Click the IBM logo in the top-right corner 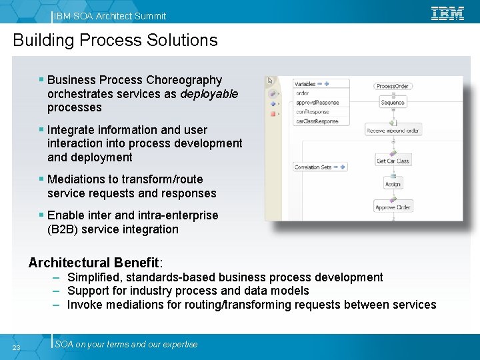click(447, 13)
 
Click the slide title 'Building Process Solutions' click(115, 41)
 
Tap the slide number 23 click(16, 347)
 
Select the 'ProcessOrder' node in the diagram click(393, 86)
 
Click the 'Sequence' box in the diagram click(393, 103)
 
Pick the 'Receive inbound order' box click(393, 131)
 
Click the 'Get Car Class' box click(393, 161)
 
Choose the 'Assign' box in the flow click(393, 184)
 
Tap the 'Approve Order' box click(393, 207)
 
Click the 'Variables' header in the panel click(305, 84)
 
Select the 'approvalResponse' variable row click(317, 103)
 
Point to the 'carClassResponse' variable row click(317, 121)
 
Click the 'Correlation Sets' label click(313, 167)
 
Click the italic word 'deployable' click(209, 94)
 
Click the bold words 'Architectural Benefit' click(94, 263)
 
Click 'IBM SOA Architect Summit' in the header click(111, 15)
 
